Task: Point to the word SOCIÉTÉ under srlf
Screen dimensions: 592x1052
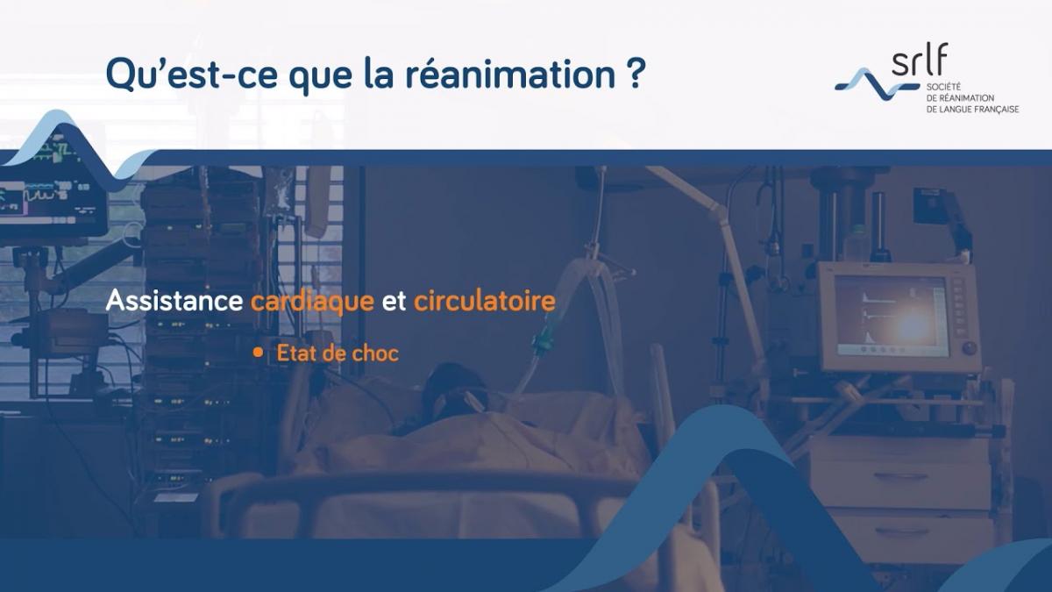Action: [x=945, y=88]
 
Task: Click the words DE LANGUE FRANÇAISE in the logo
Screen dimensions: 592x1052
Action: [x=972, y=109]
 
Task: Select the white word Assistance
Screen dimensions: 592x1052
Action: [x=174, y=302]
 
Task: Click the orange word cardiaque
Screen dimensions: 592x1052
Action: [x=313, y=302]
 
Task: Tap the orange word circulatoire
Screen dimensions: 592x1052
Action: [x=485, y=302]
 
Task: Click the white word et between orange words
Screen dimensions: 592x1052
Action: [x=394, y=302]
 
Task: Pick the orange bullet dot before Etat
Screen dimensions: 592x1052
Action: [x=258, y=352]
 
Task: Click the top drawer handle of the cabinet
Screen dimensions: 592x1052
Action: [x=900, y=476]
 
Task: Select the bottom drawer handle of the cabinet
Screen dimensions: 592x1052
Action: [x=901, y=531]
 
